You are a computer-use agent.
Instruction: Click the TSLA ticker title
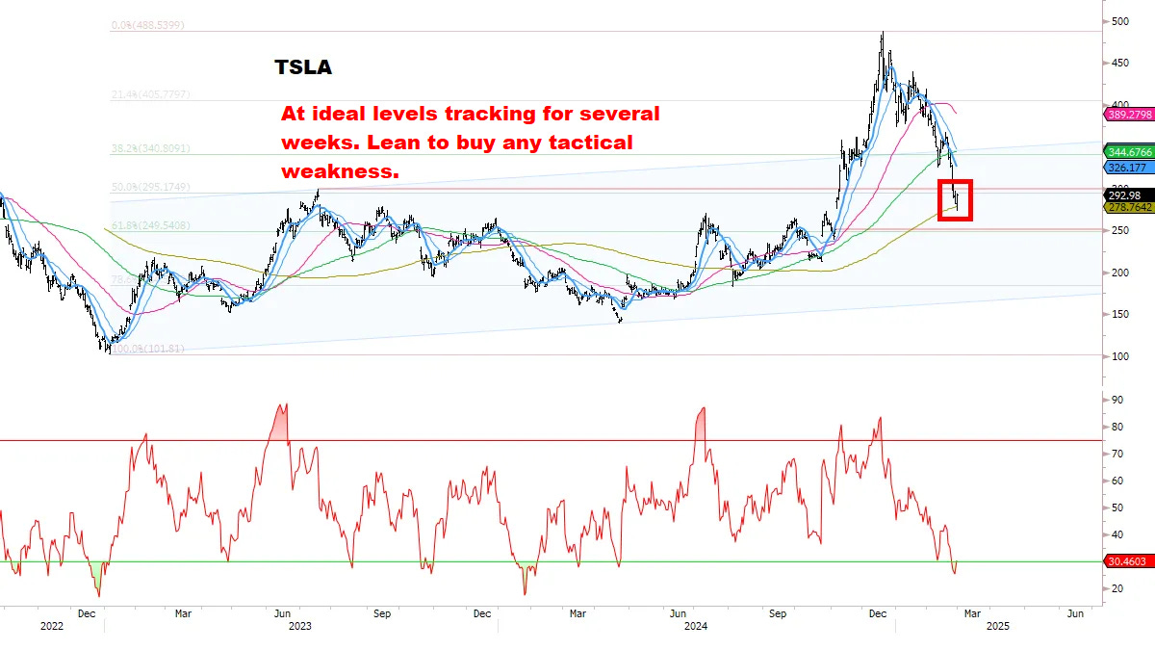[304, 67]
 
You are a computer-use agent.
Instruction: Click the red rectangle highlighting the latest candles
[955, 199]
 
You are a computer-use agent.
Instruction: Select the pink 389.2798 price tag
[1129, 114]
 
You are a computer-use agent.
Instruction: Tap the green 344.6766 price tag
[1129, 152]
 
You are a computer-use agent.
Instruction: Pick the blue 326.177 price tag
[1126, 167]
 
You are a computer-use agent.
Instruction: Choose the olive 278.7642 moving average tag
[1129, 207]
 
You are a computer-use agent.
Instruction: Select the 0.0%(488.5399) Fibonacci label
[147, 25]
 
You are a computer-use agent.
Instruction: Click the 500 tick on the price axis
[1119, 21]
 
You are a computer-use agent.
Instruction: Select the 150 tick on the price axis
[1119, 314]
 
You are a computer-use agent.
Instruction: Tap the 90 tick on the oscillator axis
[1116, 399]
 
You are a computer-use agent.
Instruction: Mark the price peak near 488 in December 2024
[882, 35]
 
